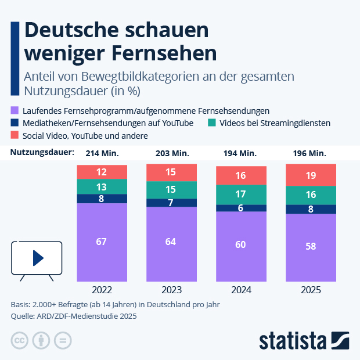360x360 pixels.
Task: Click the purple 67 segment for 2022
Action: coord(102,242)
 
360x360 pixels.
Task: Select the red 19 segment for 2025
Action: coord(311,175)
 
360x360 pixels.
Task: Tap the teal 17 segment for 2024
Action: coord(241,194)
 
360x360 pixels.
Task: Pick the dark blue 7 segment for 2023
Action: coord(171,203)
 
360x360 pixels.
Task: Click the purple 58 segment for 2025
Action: coord(311,247)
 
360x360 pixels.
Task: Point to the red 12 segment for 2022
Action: coord(102,172)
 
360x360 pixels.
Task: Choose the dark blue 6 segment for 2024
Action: coord(241,208)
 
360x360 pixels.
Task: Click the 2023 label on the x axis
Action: coord(171,290)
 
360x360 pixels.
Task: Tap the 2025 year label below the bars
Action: coord(311,290)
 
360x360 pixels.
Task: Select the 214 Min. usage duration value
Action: coord(102,153)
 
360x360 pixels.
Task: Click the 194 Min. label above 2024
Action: coord(241,153)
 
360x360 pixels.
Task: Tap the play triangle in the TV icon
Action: coord(37,257)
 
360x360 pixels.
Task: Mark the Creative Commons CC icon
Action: coord(19,340)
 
